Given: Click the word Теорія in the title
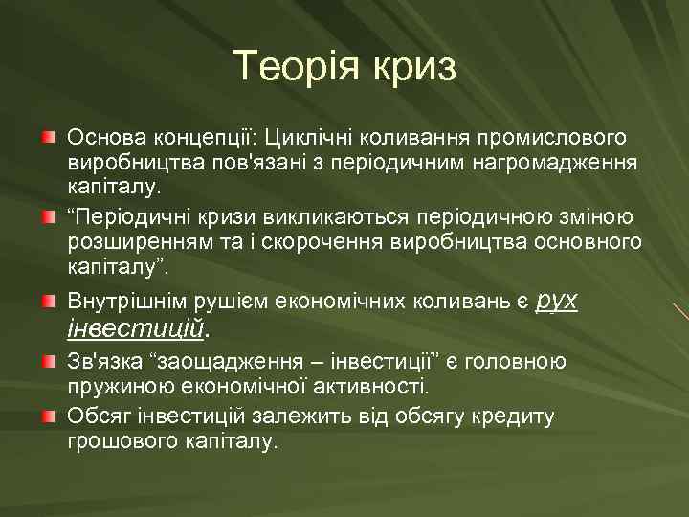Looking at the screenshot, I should [x=292, y=66].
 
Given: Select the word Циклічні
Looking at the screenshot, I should [x=302, y=140].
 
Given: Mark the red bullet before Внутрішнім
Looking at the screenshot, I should [x=48, y=302].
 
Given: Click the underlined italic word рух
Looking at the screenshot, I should [x=557, y=300].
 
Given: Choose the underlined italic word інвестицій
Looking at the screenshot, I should [x=136, y=329].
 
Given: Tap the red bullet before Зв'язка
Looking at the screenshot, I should [x=48, y=362].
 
